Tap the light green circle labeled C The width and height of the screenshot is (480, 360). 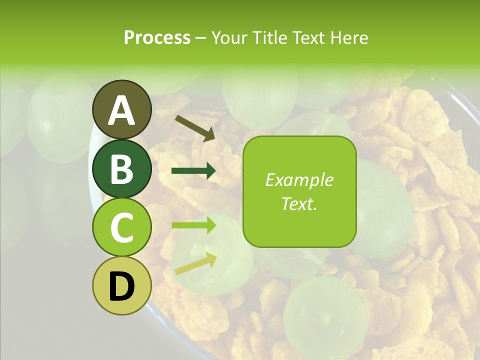[121, 227]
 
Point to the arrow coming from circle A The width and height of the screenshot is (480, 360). [195, 128]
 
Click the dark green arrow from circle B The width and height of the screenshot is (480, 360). [193, 171]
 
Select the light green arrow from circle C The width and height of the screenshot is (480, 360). [193, 225]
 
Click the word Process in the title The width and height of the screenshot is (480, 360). [157, 37]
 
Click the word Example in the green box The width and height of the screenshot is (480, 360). [299, 180]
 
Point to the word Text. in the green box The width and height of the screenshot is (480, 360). [299, 203]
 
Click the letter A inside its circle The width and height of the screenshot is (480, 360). [121, 110]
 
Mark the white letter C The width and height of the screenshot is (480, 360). [121, 227]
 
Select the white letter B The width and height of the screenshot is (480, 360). [121, 168]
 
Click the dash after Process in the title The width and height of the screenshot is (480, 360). [200, 38]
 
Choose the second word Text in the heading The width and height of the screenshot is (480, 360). [307, 37]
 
